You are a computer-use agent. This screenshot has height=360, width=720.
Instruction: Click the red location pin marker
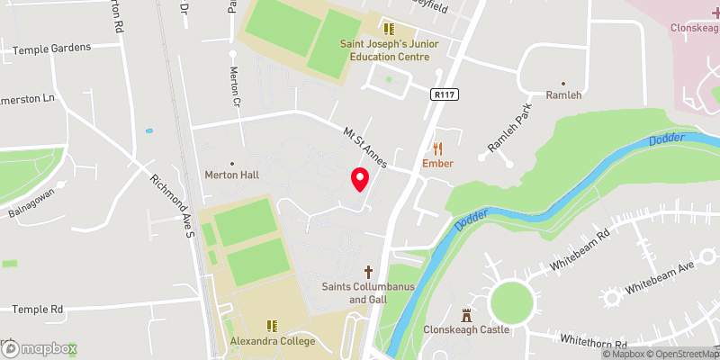pos(360,179)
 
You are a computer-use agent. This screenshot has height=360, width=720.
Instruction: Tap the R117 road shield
pos(442,93)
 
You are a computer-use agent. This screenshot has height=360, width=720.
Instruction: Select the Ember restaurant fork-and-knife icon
pos(438,148)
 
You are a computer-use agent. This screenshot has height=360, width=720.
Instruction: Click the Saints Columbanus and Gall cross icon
pos(368,271)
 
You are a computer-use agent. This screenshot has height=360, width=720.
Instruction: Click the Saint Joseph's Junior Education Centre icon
pos(390,28)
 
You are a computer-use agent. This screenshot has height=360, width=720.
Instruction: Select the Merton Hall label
pos(231,175)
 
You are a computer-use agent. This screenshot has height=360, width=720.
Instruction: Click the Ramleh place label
pos(564,94)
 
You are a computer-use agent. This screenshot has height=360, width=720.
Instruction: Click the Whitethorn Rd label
pos(592,342)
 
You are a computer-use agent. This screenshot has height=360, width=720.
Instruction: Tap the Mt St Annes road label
pos(365,147)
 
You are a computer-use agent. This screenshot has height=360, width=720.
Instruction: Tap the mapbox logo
pos(39,347)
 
